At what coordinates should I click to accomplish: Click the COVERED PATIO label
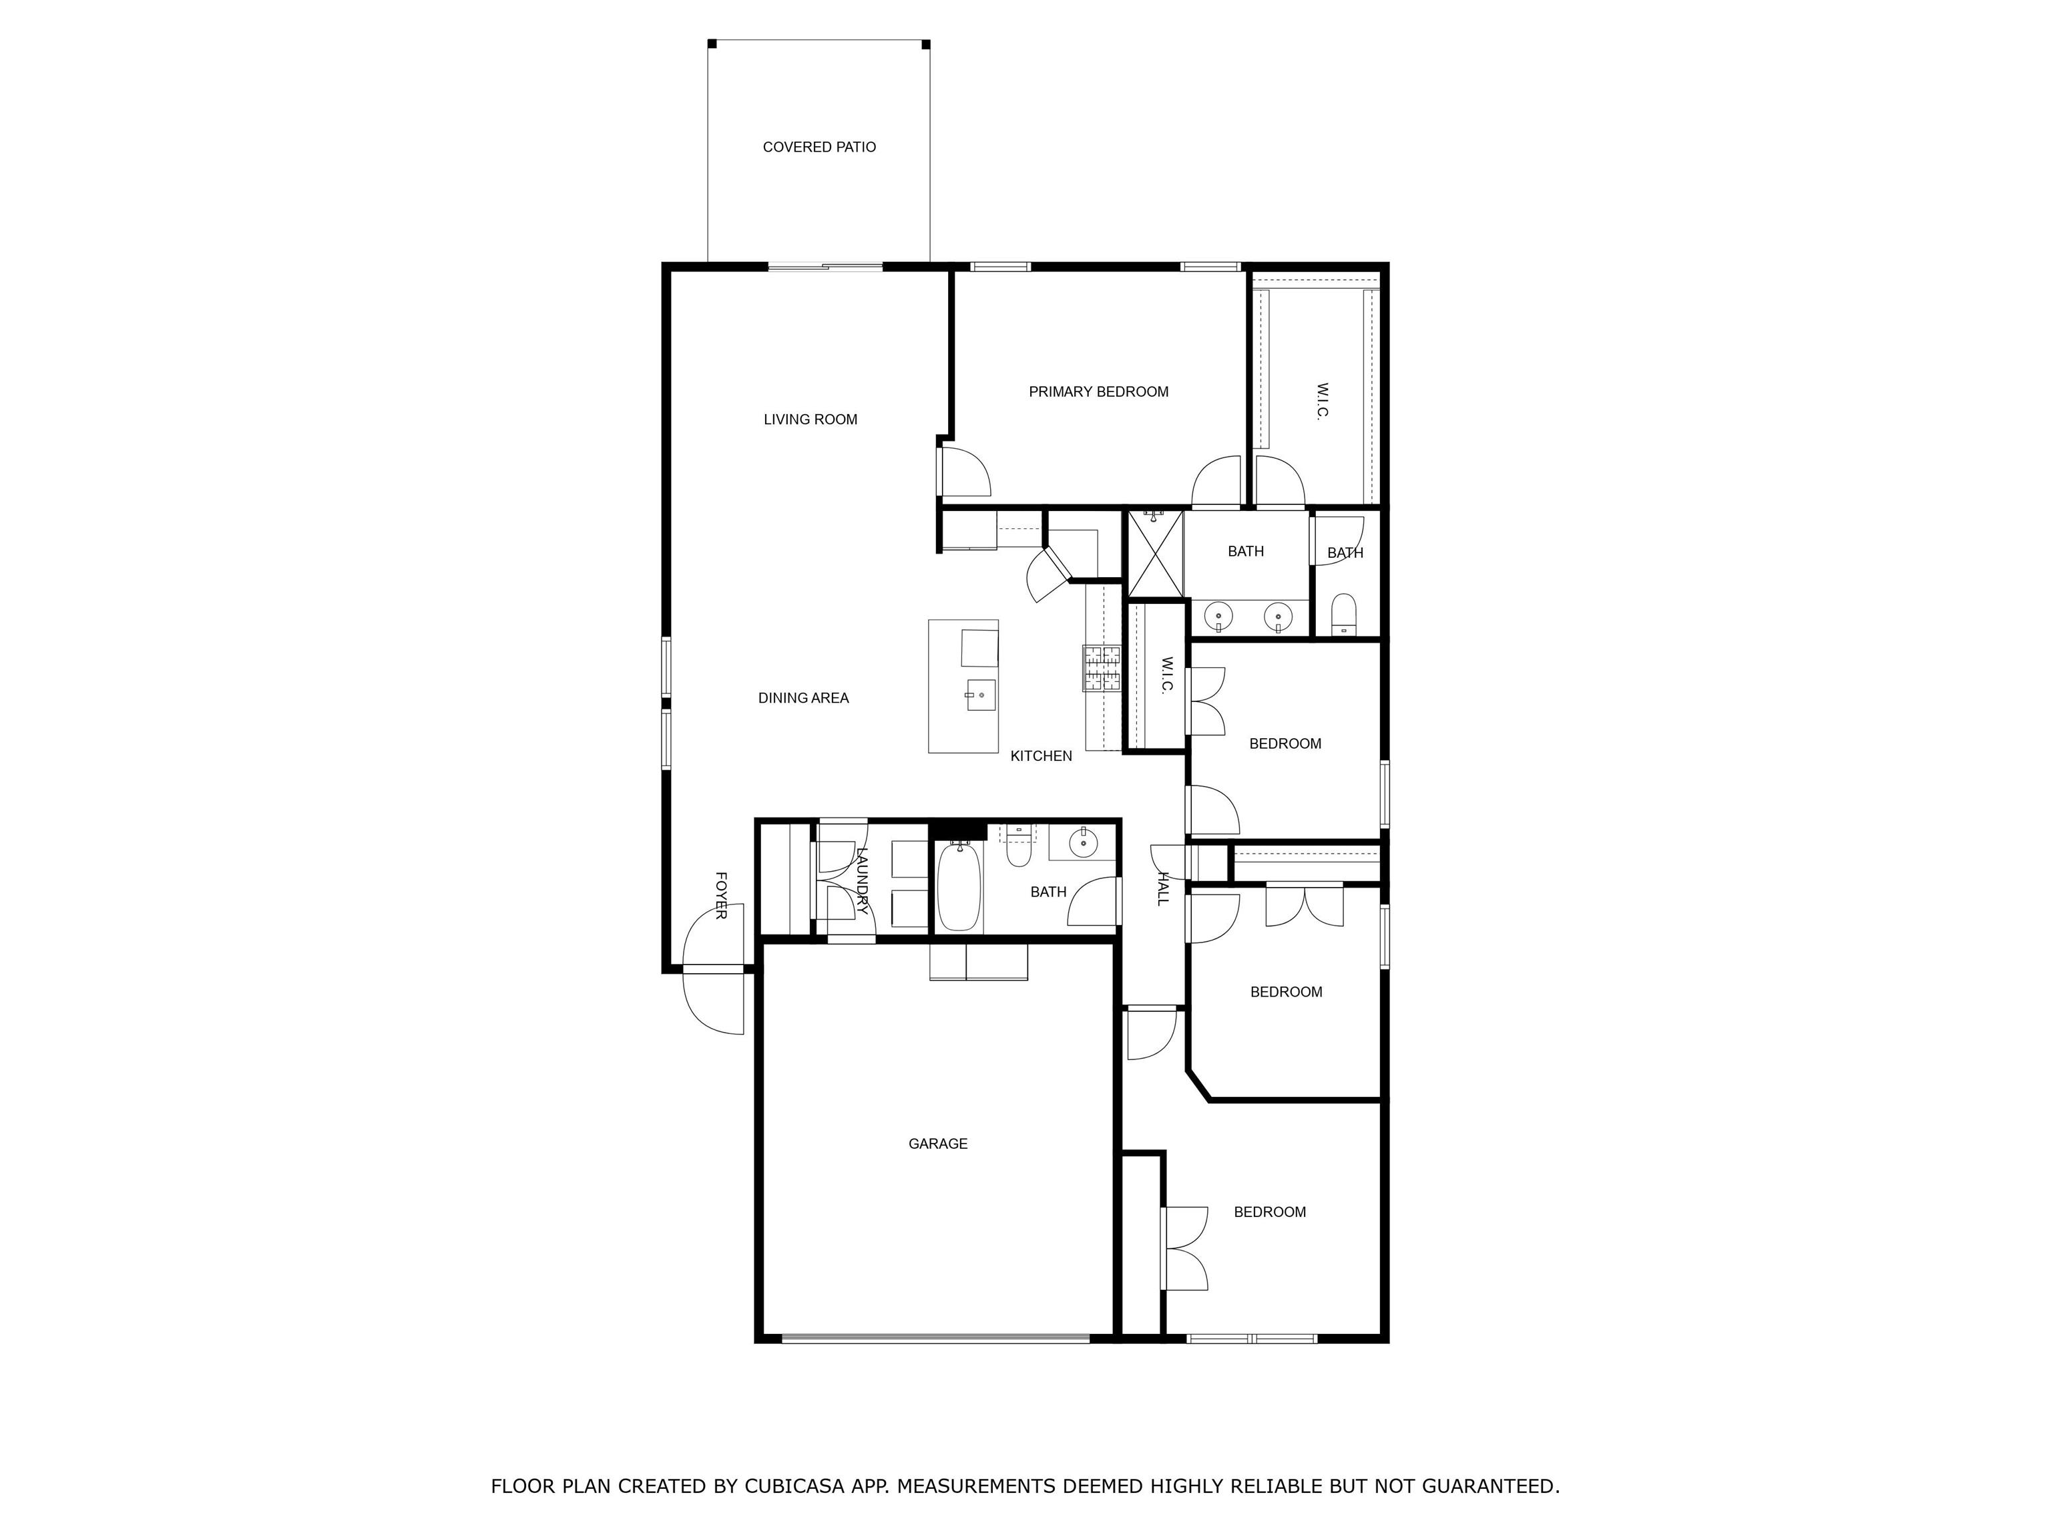819,146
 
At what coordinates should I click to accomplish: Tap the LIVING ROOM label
811,419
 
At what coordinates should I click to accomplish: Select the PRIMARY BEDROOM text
1099,391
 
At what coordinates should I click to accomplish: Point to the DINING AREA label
803,697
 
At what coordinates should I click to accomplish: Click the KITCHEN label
1042,756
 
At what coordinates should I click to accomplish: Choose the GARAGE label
938,1144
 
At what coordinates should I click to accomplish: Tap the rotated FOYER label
720,895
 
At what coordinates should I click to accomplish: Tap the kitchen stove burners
1102,668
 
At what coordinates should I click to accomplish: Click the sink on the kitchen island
981,695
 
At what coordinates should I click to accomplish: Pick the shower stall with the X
1155,554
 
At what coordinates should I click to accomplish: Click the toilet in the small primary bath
1343,614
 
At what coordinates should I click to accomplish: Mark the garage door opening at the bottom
935,1338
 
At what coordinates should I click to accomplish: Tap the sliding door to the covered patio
825,267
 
